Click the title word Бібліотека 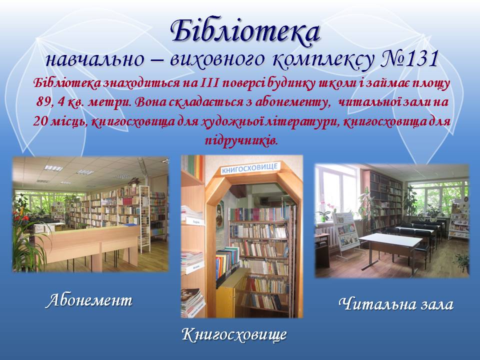click(x=245, y=30)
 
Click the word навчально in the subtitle click(x=94, y=59)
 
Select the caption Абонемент click(x=89, y=300)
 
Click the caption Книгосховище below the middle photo click(x=234, y=334)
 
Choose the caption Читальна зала click(x=396, y=304)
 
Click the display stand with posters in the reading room click(x=346, y=231)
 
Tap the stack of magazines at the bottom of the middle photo click(x=192, y=301)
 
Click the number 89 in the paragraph click(x=43, y=102)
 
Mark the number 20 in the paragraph click(x=40, y=121)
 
